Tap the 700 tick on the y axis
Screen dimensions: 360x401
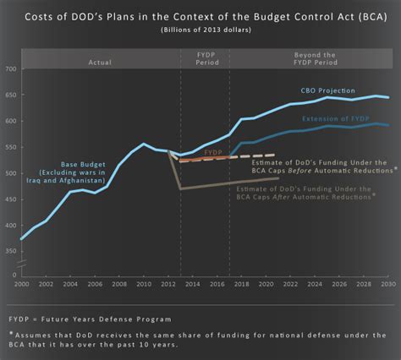click(10, 68)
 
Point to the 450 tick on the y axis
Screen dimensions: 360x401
click(10, 199)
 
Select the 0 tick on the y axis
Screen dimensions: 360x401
click(14, 275)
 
